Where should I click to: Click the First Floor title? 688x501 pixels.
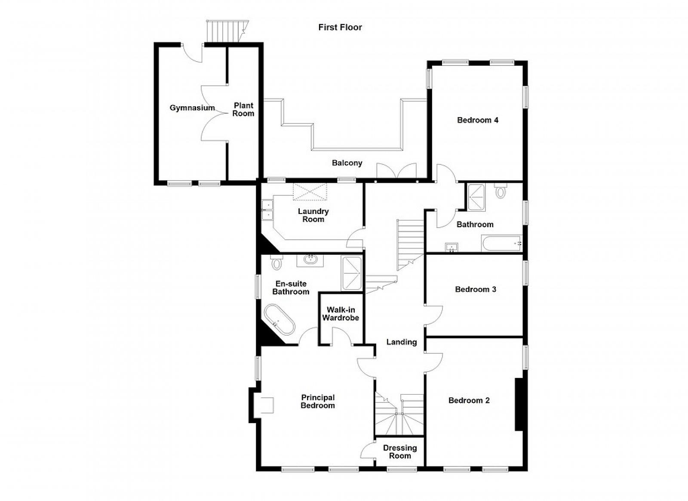340,28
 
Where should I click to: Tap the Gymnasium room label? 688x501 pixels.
192,108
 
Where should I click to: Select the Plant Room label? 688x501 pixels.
243,109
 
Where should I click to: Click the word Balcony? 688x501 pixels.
347,163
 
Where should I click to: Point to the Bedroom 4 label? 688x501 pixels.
478,120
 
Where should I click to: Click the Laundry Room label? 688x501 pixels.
313,215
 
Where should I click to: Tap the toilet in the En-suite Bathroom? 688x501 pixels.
276,262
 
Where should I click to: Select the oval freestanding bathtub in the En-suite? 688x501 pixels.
279,320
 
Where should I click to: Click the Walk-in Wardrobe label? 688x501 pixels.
341,313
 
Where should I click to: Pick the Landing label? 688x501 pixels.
402,342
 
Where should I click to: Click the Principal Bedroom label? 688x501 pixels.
318,402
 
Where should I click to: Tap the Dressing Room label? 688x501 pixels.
400,452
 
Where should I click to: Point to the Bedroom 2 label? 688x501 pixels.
469,400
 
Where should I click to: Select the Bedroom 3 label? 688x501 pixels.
476,289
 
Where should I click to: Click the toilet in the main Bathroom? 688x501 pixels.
501,191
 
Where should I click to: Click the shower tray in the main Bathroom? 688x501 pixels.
476,197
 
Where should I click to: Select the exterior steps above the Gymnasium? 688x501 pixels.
227,31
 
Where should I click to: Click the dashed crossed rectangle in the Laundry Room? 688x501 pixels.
310,192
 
